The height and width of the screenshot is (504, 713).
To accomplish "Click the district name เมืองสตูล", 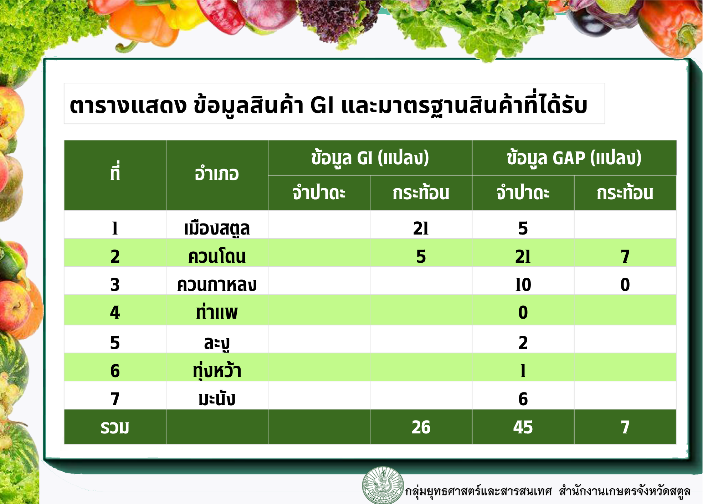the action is tap(217, 228).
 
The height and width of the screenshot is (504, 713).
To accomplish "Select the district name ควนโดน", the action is tap(217, 257).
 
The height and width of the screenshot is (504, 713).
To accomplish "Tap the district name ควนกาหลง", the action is tap(217, 285).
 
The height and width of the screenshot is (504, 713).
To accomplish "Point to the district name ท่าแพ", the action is tap(217, 312).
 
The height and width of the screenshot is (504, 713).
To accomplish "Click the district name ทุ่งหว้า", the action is tap(217, 371).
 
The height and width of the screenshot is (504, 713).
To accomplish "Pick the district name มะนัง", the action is tap(217, 398).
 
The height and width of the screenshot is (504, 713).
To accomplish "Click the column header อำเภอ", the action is tap(217, 174).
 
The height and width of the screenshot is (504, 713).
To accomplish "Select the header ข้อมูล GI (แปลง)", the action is tap(370, 158).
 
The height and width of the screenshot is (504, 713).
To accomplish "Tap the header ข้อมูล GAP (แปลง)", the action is tap(574, 158).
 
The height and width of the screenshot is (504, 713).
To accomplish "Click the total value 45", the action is tap(523, 427).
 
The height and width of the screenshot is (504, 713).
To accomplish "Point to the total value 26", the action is tap(421, 427).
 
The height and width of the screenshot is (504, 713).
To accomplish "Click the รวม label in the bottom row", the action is tap(115, 427).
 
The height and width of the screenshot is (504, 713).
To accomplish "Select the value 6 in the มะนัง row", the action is tap(523, 399).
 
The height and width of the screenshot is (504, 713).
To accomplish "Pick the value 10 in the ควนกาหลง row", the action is tap(523, 285).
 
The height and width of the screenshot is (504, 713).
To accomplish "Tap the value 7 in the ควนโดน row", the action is tap(625, 257).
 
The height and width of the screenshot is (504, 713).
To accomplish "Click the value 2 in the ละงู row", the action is tap(523, 343).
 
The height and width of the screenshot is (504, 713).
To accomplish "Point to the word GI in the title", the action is tap(322, 106).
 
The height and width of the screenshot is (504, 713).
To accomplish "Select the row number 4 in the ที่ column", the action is tap(115, 313).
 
